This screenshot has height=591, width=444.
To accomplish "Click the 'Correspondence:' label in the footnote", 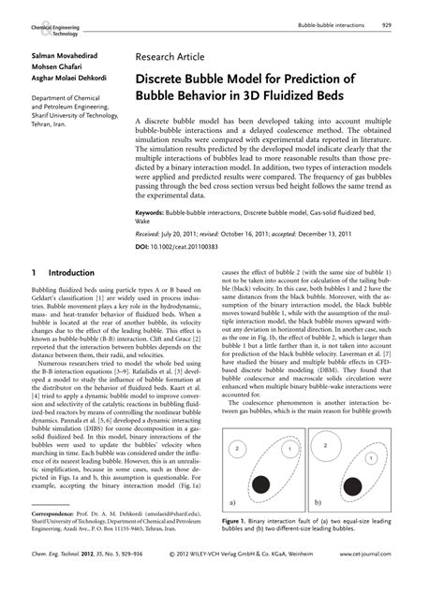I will click(x=55, y=540).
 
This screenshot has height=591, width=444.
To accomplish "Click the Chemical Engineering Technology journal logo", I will click(x=54, y=29).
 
